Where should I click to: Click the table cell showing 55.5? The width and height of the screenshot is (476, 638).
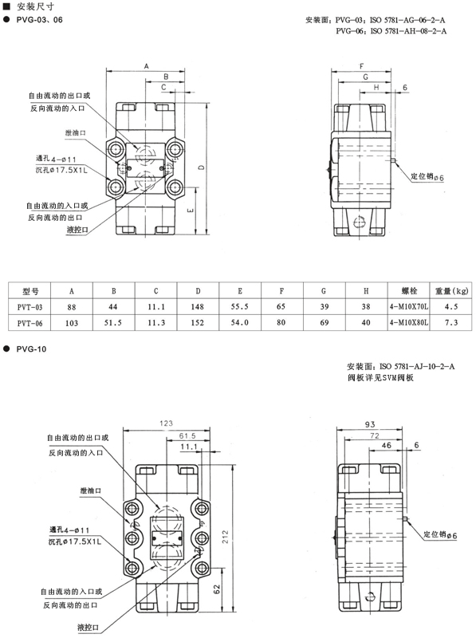click(x=240, y=306)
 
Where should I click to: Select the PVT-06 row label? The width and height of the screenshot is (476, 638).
click(x=30, y=323)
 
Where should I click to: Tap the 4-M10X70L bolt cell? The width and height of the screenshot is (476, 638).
click(x=408, y=306)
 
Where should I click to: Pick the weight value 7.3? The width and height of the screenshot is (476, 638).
click(x=451, y=323)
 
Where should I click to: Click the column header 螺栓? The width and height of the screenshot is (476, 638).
click(x=409, y=290)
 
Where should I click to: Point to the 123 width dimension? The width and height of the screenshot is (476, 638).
click(x=166, y=423)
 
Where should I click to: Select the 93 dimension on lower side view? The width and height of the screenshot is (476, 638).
click(x=370, y=424)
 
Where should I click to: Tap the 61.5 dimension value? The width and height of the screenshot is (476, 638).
click(x=187, y=435)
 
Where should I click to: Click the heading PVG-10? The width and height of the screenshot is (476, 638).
click(x=31, y=349)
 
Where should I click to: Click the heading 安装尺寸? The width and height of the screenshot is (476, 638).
click(x=35, y=6)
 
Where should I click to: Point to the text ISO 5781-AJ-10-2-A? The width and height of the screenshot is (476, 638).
click(x=417, y=366)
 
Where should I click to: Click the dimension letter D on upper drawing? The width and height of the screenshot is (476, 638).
click(x=203, y=167)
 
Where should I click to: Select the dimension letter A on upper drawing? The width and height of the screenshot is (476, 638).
click(x=147, y=66)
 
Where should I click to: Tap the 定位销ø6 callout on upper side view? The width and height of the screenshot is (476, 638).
click(x=427, y=176)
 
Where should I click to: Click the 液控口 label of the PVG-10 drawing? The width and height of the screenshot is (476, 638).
click(x=89, y=627)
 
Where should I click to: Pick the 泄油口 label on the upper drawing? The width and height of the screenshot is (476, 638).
click(x=76, y=132)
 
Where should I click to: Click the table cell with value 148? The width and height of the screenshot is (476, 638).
click(x=197, y=306)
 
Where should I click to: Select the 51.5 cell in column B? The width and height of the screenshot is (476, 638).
click(x=113, y=323)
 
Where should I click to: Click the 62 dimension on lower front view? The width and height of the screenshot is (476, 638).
click(x=216, y=589)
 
